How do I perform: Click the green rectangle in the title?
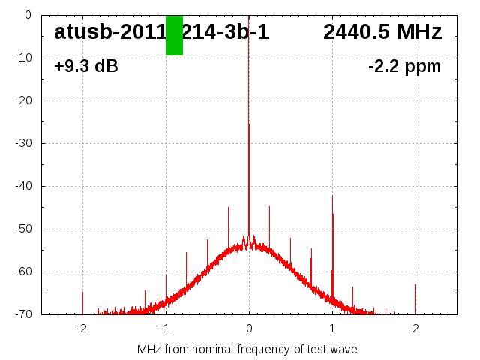pos(174,35)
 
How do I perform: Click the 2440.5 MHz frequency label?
pos(382,32)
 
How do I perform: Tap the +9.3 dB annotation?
pos(86,67)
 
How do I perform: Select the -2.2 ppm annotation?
pos(404,67)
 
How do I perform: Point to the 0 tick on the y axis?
pos(27,15)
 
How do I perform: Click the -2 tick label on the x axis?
pos(81,328)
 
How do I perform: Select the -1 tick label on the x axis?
pos(164,328)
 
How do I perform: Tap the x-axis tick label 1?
pos(332,328)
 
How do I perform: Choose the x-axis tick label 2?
pos(415,328)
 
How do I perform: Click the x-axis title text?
pos(247,349)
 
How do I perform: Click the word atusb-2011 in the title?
pos(109,32)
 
